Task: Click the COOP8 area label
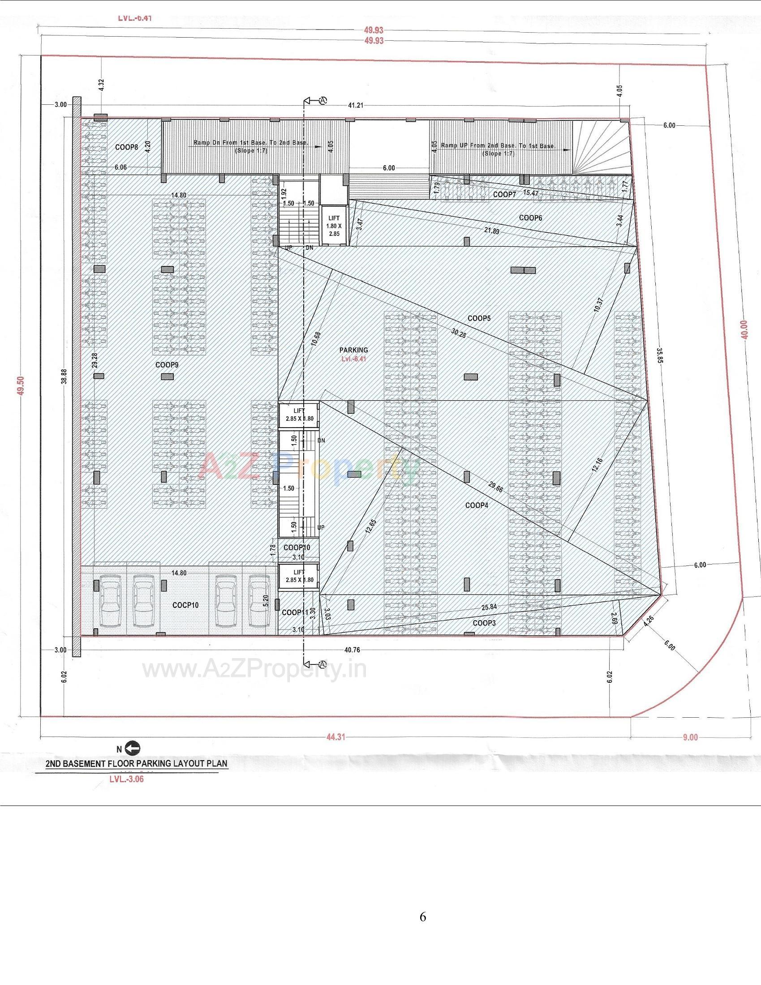coord(126,147)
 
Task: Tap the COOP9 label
coord(167,364)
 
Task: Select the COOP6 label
coord(530,218)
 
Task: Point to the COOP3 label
coord(484,623)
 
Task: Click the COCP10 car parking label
coord(185,605)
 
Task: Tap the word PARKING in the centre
coord(353,350)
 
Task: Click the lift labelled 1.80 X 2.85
coord(334,226)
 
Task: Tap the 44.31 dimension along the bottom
coord(335,737)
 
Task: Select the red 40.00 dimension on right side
coord(744,329)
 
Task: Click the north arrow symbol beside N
coord(133,749)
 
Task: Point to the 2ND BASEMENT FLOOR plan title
coord(137,764)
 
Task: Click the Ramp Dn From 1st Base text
coord(251,142)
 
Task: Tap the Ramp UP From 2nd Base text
coord(498,146)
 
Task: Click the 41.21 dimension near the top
coord(356,105)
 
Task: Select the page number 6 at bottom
coord(423,916)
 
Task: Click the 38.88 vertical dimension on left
coord(64,376)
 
